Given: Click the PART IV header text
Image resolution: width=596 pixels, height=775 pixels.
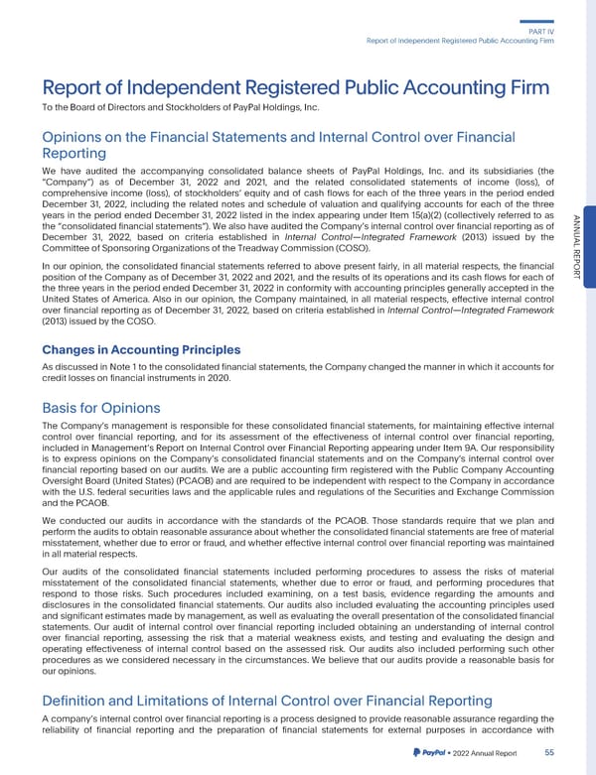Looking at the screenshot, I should pyautogui.click(x=564, y=30).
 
